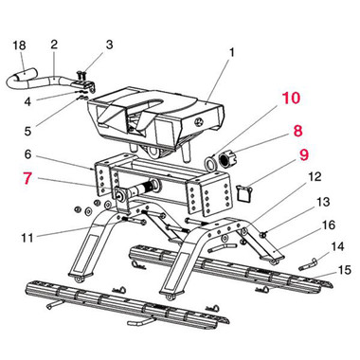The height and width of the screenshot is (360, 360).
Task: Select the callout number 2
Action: click(x=54, y=45)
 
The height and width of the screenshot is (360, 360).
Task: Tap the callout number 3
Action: click(x=109, y=45)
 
